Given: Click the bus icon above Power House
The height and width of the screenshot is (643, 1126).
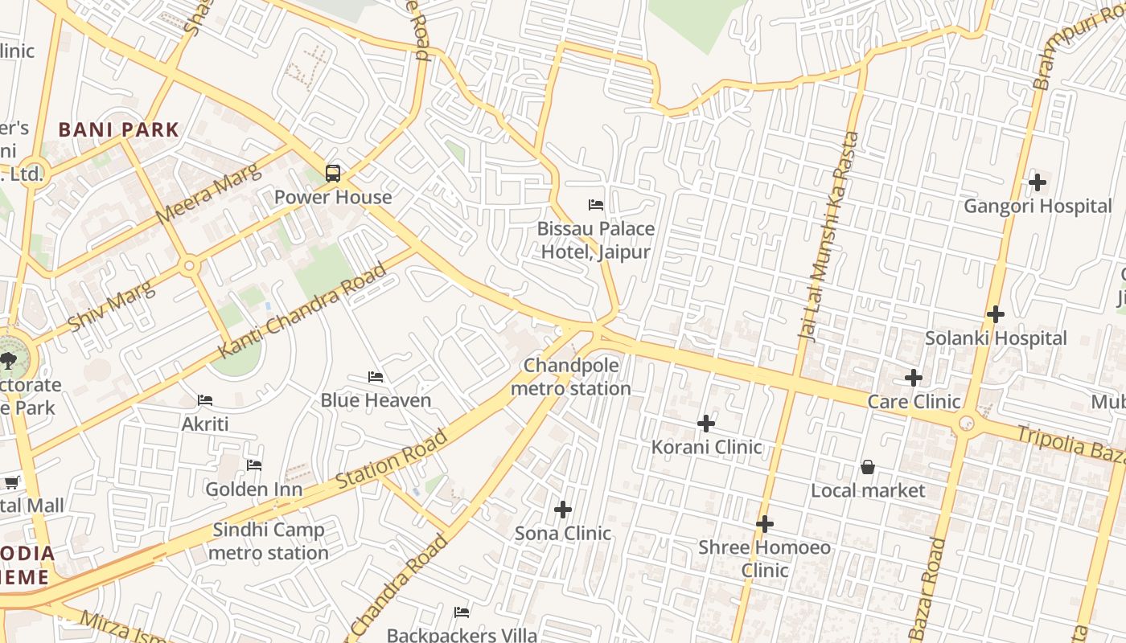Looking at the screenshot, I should point(332,173).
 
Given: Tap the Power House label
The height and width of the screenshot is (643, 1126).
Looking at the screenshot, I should point(333,197).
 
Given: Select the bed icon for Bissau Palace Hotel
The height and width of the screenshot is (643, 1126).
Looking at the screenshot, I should point(596,205).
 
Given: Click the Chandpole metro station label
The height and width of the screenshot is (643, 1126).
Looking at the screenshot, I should point(571,377).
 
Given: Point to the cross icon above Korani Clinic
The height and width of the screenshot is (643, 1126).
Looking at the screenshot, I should point(706,424).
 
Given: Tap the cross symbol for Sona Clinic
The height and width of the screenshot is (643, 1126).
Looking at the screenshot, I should point(563,510).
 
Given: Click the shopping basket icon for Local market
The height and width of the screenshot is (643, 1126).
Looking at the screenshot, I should point(868,467).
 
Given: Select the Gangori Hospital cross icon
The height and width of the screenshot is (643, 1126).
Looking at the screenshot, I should point(1038,182).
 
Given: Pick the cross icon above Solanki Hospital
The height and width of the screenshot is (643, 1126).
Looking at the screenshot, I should point(996,314).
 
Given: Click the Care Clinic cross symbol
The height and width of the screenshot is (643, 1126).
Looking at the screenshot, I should point(914,378).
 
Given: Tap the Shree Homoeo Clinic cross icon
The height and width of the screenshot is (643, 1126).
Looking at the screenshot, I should point(765,525).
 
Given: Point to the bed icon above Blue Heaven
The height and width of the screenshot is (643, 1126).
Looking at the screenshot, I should point(376,376).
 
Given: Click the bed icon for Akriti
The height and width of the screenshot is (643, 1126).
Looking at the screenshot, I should point(205,400).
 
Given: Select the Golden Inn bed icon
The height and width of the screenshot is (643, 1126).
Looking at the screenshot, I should point(254,465).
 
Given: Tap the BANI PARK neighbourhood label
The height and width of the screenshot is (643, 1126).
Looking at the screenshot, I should point(118,129).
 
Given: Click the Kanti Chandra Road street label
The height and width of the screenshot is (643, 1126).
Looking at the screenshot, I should point(302,311).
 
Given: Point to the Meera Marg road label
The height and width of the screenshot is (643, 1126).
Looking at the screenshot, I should point(209,195).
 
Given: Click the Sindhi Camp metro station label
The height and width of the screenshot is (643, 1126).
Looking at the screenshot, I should point(268,541).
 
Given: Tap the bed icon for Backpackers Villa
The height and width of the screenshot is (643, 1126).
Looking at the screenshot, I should point(462,612).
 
